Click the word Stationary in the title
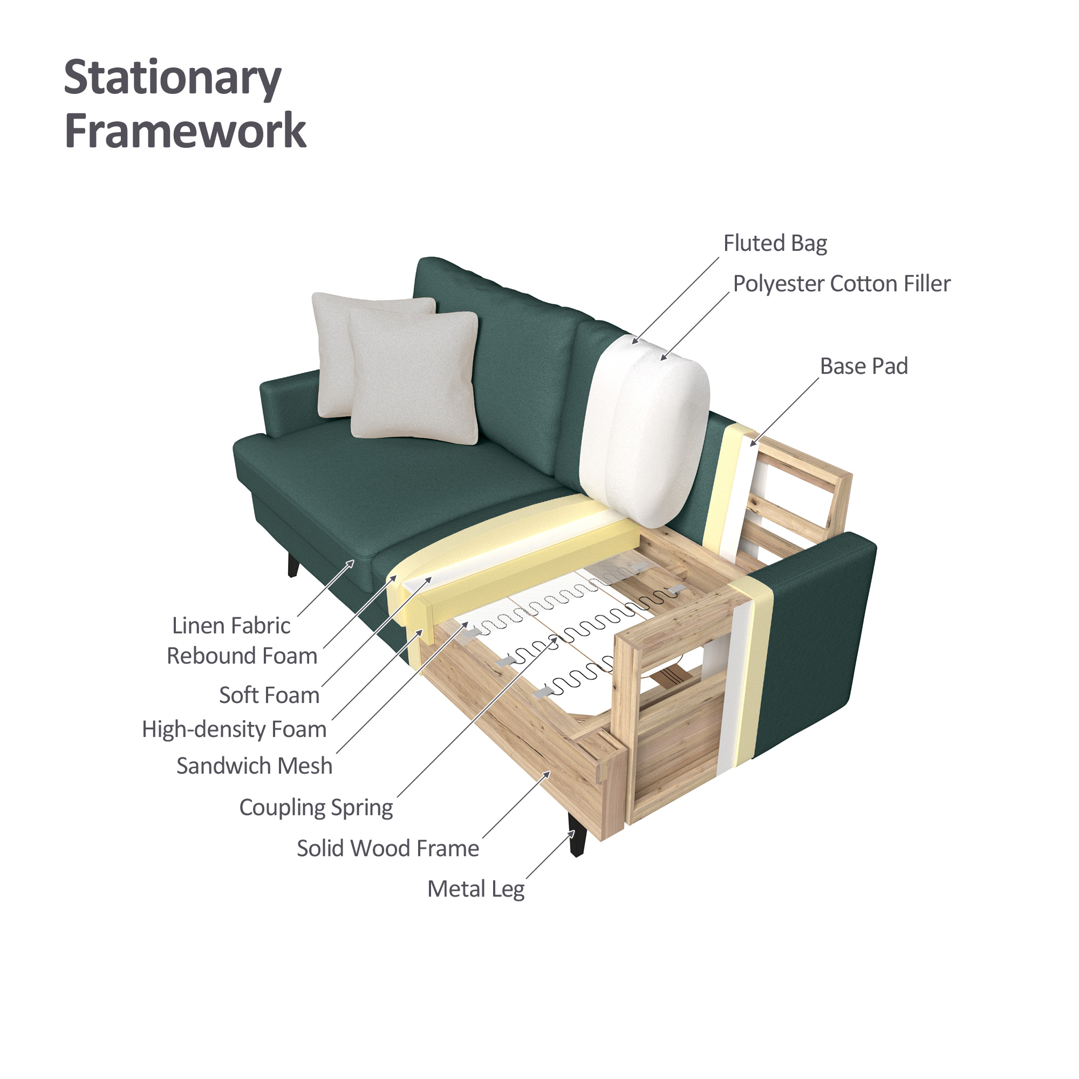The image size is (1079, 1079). click(x=173, y=79)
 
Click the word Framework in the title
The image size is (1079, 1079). click(x=186, y=130)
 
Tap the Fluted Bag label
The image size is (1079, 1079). click(x=775, y=243)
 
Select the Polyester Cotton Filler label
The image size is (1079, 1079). click(x=841, y=284)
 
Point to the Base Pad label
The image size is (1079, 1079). click(x=863, y=366)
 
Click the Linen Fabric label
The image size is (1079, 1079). click(x=231, y=625)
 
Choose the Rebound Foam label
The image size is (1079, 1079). click(x=242, y=655)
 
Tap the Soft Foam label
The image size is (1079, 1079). click(x=269, y=695)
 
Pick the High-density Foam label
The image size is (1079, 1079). click(x=234, y=729)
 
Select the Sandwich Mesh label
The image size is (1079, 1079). click(x=254, y=765)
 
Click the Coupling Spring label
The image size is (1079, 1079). click(x=316, y=808)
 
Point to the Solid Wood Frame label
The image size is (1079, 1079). click(x=387, y=848)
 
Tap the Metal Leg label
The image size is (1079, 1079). click(x=476, y=889)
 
